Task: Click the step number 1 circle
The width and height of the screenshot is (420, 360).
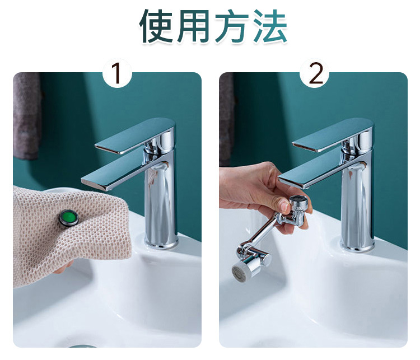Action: point(117,73)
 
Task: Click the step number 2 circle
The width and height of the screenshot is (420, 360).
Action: point(315,73)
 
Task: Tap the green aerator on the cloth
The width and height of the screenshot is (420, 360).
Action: point(69,217)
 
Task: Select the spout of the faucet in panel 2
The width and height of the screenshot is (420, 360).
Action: point(319,174)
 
